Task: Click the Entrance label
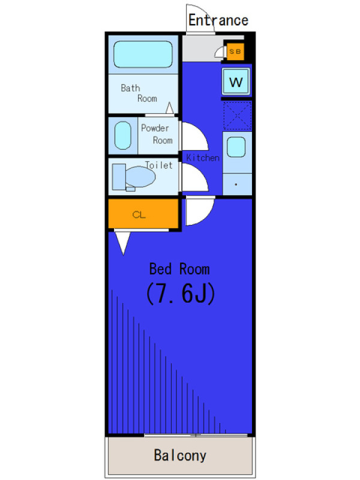point(218,20)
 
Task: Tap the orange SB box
point(235,52)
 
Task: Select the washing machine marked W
point(236,82)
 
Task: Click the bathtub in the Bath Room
point(143,54)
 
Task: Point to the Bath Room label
point(139,93)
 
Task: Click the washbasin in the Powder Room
point(123,136)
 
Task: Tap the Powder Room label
point(157,134)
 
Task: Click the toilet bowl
point(140,176)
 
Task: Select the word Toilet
point(158,166)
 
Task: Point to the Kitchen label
point(203,158)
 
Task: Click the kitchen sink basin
point(236,147)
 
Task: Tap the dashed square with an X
point(237,116)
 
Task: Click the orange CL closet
point(143,214)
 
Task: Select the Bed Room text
point(179,269)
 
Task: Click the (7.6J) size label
point(181,293)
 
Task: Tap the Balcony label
point(180,455)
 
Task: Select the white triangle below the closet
point(123,241)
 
